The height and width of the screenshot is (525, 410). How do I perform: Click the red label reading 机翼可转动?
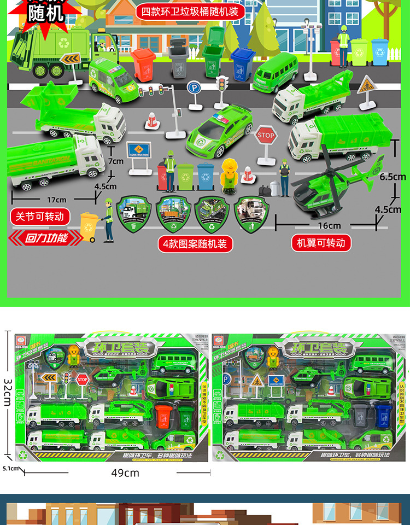(x=321, y=243)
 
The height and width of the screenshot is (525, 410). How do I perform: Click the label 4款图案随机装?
(x=194, y=243)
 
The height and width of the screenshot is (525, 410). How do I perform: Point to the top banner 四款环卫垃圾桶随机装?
(x=190, y=11)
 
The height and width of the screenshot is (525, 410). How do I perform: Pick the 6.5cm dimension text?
(x=393, y=177)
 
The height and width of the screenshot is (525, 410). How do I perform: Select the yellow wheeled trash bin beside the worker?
(x=89, y=225)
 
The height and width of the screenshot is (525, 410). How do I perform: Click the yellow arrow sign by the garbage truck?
(x=70, y=59)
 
